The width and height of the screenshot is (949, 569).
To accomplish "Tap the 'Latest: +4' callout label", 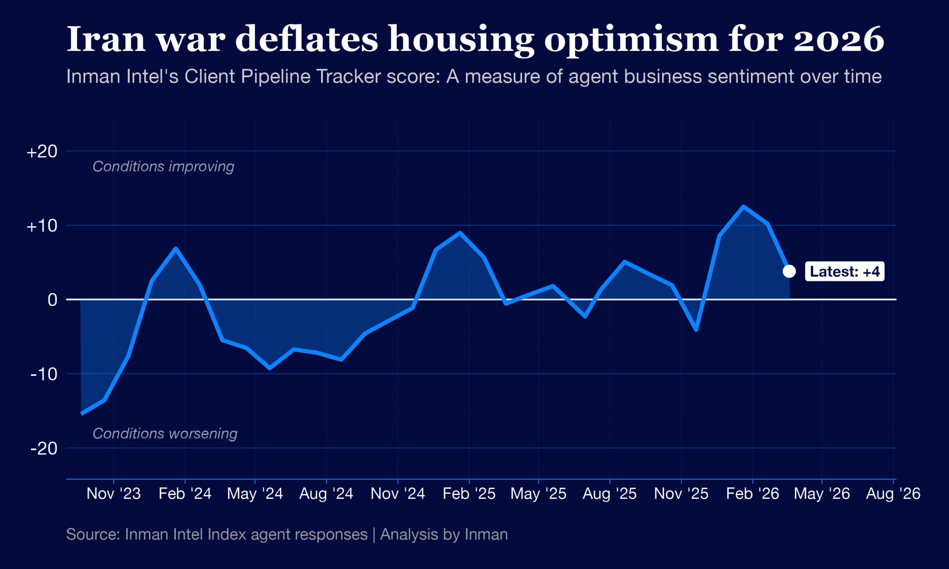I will point(845,272).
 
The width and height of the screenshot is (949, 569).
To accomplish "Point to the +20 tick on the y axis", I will point(42,152).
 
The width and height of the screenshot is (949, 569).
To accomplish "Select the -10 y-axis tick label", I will point(44,374).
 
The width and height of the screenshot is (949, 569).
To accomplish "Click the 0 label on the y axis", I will point(52,299).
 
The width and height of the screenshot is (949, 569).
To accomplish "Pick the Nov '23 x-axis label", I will point(113,493).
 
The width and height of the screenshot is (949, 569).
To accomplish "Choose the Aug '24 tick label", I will point(326,493).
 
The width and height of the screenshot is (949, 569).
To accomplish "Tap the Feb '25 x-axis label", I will point(469,493).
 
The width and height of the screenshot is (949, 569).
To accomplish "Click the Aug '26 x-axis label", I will point(893,493).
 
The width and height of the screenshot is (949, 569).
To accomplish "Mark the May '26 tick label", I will point(821,493).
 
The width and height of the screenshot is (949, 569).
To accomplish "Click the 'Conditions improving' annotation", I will point(163,166).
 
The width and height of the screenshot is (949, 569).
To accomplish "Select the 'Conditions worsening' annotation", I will point(165,434).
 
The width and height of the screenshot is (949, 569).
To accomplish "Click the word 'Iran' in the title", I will point(106,39).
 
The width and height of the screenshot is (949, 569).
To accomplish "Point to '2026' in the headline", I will point(839,39).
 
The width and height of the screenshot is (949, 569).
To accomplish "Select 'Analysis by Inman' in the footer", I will point(444,535).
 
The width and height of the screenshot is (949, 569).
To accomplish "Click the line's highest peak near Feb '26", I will point(743,207).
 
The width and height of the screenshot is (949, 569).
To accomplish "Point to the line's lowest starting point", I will point(82,413).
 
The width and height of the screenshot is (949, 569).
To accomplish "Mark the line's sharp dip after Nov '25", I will point(696,329).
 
